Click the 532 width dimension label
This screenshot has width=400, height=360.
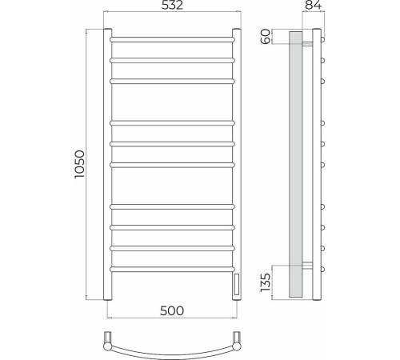pyautogui.click(x=172, y=5)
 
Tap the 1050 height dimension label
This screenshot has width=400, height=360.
pyautogui.click(x=79, y=164)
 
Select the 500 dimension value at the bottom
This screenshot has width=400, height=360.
pyautogui.click(x=172, y=310)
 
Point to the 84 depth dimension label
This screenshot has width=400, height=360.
pyautogui.click(x=313, y=5)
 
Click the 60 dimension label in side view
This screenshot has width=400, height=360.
pyautogui.click(x=266, y=37)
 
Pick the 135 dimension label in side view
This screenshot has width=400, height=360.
pyautogui.click(x=266, y=282)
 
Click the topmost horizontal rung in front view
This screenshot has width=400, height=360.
pyautogui.click(x=172, y=40)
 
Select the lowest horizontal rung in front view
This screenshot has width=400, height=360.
pyautogui.click(x=172, y=270)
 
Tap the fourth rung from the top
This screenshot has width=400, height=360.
pyautogui.click(x=172, y=123)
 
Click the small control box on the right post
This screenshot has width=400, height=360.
pyautogui.click(x=237, y=284)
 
